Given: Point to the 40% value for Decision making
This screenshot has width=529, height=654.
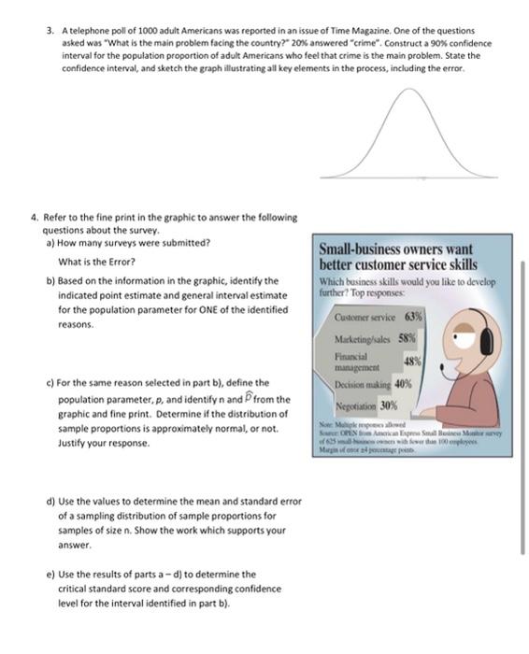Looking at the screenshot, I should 404,383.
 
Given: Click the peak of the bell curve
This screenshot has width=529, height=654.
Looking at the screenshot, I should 407,92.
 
